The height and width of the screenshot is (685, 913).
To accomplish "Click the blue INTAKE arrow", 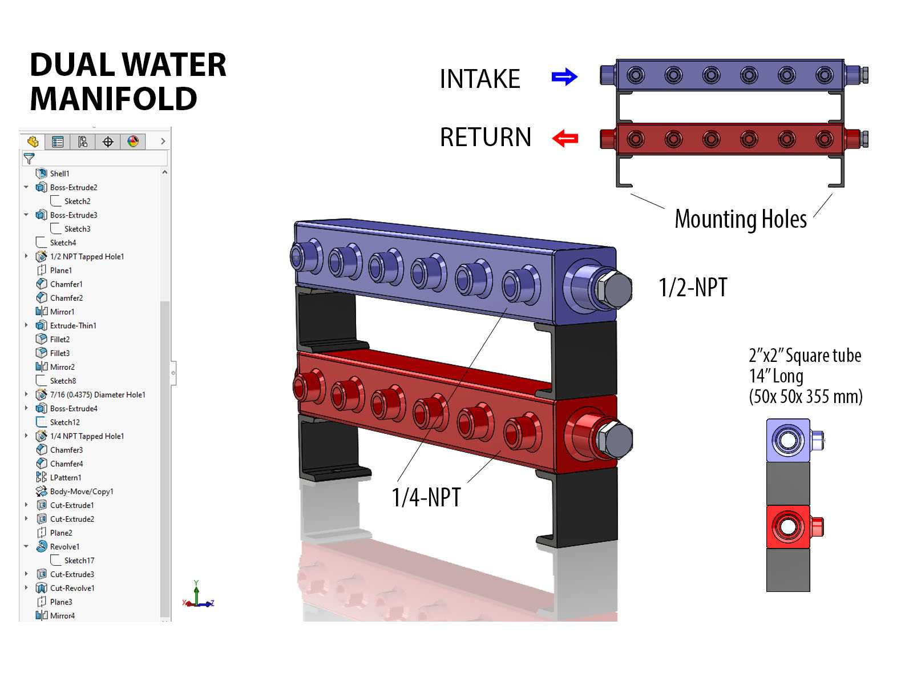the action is click(564, 77).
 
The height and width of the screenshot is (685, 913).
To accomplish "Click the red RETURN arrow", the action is click(565, 138).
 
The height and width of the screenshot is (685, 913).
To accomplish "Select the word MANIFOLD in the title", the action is click(114, 99).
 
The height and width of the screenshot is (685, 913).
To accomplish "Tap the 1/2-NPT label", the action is click(693, 287).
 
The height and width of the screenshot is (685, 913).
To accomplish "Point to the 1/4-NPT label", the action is click(426, 497).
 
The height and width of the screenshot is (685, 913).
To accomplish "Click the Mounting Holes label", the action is click(740, 219).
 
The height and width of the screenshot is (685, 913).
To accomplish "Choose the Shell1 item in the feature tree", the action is click(59, 174).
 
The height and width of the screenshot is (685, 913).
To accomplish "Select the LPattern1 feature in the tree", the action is click(66, 477).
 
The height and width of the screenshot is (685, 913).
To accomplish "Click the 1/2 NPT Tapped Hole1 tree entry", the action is click(87, 257).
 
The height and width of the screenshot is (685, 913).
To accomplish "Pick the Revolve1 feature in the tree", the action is click(64, 546).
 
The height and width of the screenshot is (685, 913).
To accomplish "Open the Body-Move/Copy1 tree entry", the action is click(82, 491).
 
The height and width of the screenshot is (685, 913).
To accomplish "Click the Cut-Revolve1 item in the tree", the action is click(72, 588).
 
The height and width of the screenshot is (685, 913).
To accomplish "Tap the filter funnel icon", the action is click(29, 159).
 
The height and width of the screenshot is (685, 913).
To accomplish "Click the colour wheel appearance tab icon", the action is click(133, 142).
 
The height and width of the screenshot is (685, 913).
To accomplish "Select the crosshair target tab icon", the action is click(108, 142).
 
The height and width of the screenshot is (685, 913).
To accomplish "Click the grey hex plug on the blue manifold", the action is click(614, 289).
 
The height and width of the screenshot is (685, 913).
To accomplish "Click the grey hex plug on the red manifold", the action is click(615, 440).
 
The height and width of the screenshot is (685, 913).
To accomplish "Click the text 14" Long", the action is click(776, 376).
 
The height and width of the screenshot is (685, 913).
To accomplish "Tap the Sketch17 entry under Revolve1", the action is click(79, 561).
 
